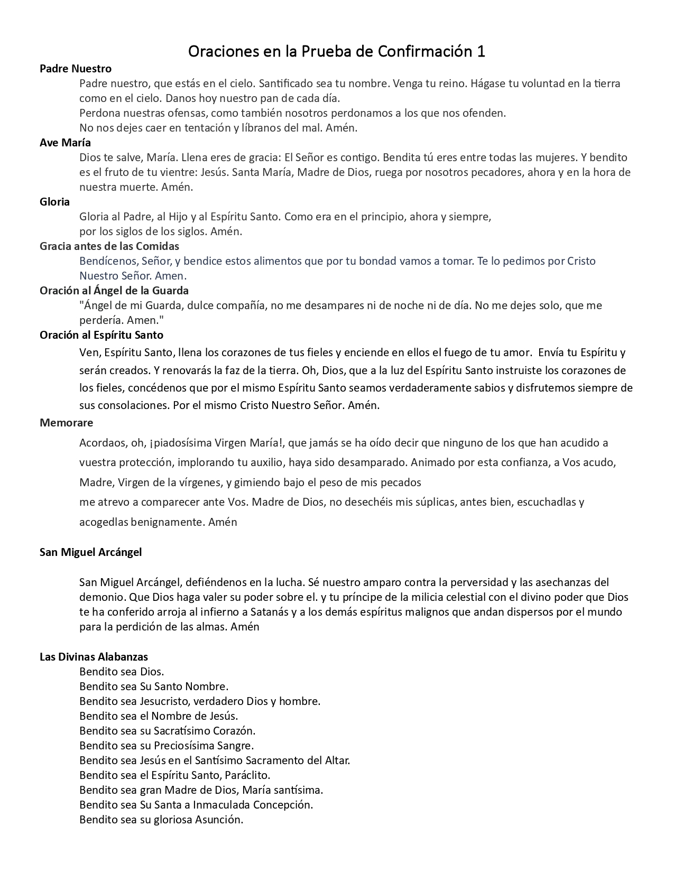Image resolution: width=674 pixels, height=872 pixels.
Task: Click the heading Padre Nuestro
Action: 76,69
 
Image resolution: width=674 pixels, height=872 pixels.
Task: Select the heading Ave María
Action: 65,143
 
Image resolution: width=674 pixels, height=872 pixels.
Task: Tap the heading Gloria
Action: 54,202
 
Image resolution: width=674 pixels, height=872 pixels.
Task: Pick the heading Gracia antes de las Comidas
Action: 109,246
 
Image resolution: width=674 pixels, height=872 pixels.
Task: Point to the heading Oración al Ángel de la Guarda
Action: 114,291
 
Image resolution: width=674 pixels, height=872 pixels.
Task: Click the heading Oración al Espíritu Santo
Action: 101,335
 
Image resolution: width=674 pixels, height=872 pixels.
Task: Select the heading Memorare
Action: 66,423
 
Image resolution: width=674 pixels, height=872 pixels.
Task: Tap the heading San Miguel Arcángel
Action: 91,552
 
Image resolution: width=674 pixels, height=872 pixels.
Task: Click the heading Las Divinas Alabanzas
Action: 94,657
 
